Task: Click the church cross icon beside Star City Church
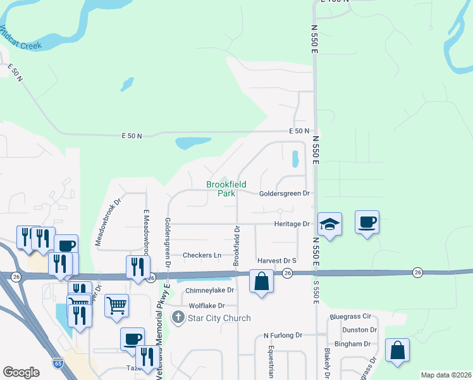[x=179, y=318]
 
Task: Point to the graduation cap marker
[x=329, y=224]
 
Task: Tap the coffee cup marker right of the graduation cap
[x=367, y=222]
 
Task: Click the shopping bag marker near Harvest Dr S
[x=262, y=281]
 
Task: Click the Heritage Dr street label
[x=292, y=224]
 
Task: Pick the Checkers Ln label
[x=202, y=255]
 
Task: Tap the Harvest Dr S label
[x=277, y=260]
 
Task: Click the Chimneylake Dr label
[x=209, y=290]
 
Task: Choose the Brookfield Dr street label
[x=237, y=246]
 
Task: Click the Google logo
[x=21, y=372]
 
